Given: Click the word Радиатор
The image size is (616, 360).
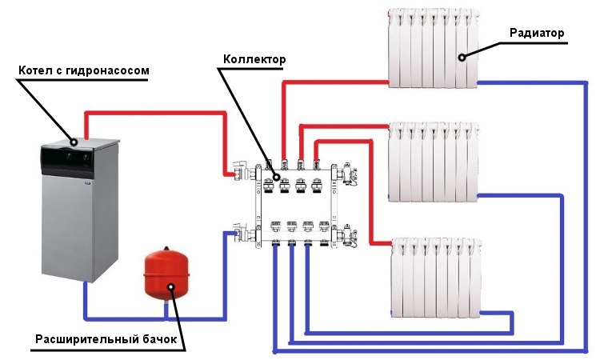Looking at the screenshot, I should click(537, 33).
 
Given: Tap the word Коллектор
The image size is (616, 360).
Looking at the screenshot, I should click(254, 60).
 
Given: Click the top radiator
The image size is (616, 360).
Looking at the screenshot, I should click(433, 47).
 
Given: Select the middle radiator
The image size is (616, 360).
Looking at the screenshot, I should click(433, 161).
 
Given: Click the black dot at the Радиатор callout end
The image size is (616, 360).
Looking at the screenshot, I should click(462, 57).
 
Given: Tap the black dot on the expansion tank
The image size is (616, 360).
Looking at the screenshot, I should click(169, 286).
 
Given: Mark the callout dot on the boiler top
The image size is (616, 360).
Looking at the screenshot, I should click(74, 141).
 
